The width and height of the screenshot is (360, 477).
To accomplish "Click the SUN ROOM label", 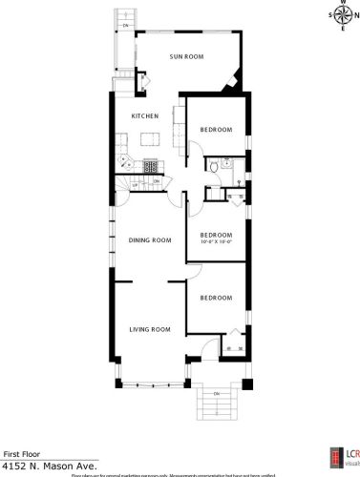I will point(187,57).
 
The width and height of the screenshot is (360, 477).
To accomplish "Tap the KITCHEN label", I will point(144,116).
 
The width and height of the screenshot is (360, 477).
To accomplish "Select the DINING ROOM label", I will point(150,240).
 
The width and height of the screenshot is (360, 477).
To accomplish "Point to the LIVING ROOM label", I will point(150,330).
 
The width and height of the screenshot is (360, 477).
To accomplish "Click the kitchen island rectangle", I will point(149,139).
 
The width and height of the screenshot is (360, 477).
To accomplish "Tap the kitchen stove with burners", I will point(150,167).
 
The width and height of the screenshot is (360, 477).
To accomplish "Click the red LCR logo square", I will point(334,459).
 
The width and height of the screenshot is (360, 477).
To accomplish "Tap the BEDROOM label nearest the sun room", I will point(216,130).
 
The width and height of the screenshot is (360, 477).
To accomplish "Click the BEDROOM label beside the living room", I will point(216,299).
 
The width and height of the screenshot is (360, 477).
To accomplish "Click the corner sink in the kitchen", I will point(125,153).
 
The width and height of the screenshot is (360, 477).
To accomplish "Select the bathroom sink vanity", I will point(230,164).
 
